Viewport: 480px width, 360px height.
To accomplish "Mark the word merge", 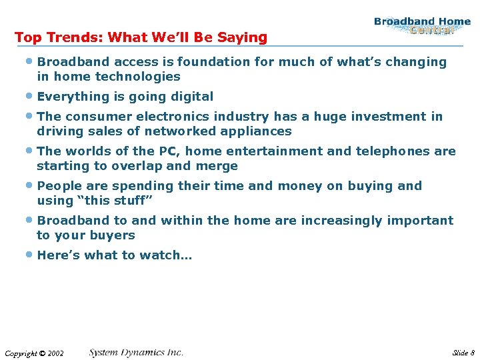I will pos(219,166).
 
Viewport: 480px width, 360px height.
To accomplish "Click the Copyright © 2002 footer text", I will pos(34,353).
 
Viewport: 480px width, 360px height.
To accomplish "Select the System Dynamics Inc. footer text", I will pos(136,352).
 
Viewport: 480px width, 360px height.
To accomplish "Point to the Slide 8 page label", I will pos(463,353).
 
